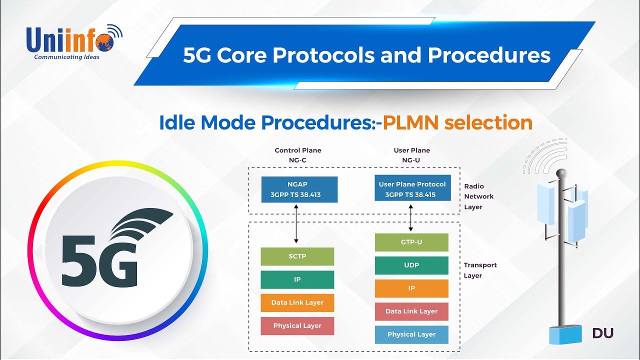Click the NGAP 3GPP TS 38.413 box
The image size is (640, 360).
[x=299, y=189]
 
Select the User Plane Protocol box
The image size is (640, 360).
[x=412, y=189]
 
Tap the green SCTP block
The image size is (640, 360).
[x=297, y=256]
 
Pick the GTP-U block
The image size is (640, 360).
[x=411, y=242]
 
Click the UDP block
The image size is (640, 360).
[x=411, y=265]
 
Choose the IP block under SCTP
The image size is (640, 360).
[x=297, y=280]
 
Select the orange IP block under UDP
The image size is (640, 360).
[x=411, y=288]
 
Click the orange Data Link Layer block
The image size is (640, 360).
[x=297, y=303]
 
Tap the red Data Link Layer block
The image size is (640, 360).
[x=411, y=311]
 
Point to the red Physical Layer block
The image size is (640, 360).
[x=297, y=326]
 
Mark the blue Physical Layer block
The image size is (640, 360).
[x=411, y=334]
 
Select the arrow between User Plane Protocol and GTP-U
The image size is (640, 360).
[x=411, y=217]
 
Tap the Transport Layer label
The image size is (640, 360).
[x=480, y=270]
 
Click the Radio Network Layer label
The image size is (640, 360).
[x=479, y=196]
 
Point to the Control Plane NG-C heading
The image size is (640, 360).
[x=298, y=155]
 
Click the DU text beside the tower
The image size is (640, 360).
[x=602, y=333]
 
